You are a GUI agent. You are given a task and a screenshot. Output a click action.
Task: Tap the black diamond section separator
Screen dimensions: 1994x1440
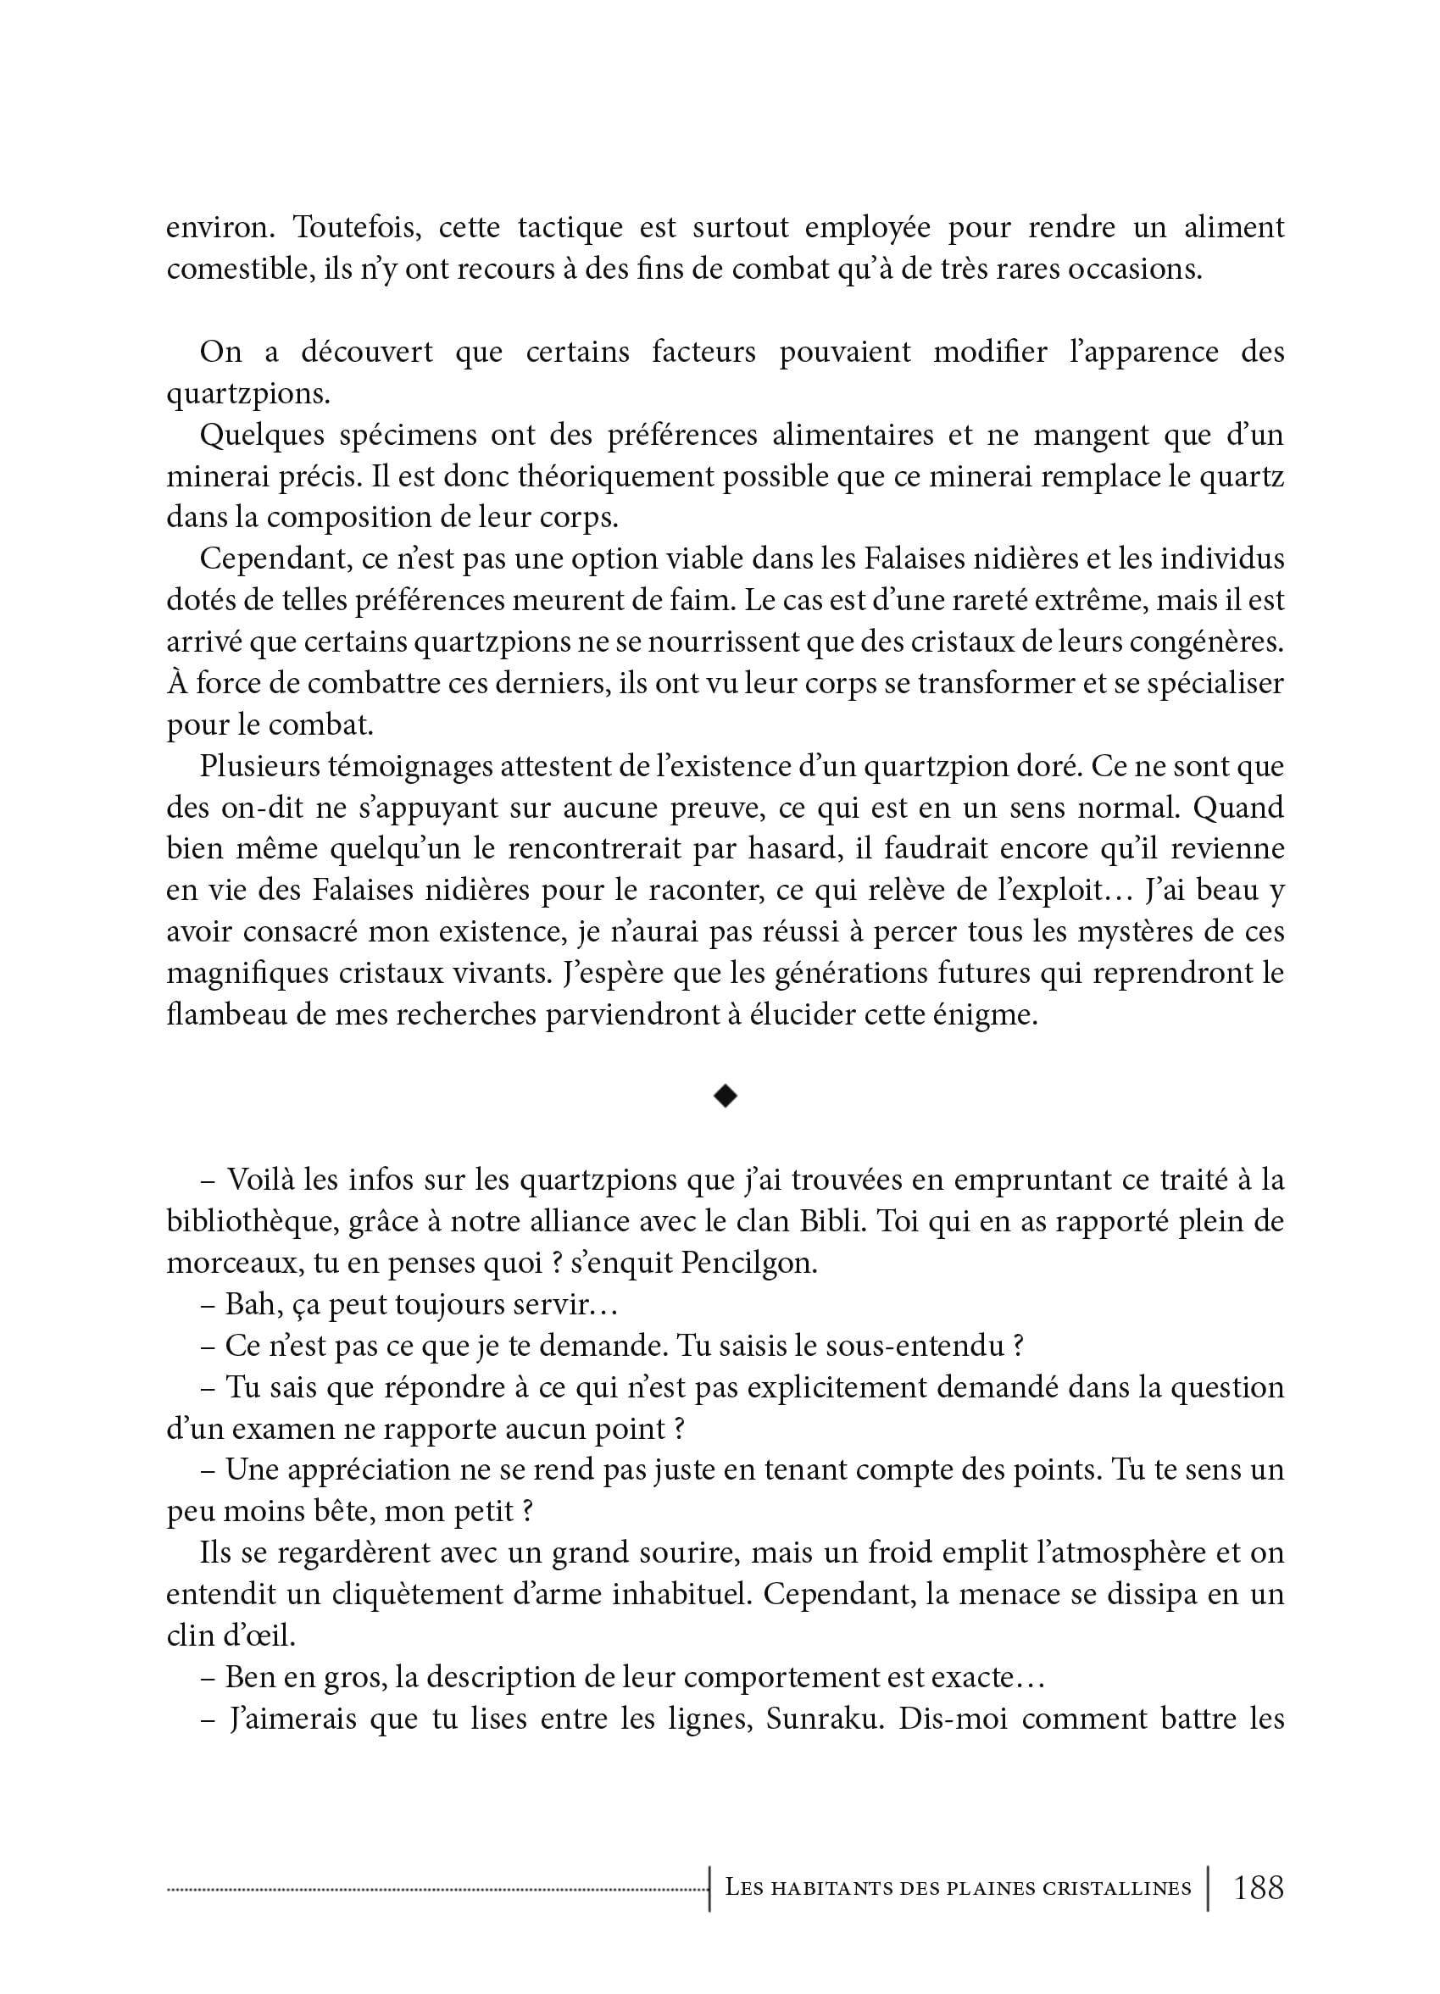click(x=726, y=1096)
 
